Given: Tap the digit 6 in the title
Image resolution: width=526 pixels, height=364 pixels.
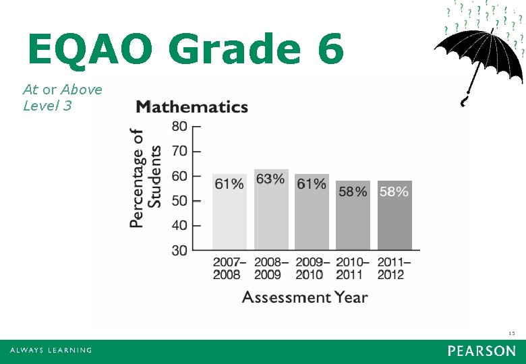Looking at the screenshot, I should (328, 49).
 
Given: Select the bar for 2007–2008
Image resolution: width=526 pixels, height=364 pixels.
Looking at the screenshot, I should (229, 212).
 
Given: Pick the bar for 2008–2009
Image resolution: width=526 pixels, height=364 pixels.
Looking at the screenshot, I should (271, 210).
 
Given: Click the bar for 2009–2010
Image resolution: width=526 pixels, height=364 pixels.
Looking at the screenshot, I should (312, 212).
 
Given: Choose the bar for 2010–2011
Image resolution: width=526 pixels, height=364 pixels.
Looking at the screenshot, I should (353, 216).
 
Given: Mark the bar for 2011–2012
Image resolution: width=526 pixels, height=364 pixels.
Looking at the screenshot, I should (394, 216).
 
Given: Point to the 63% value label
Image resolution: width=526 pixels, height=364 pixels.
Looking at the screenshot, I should (270, 179).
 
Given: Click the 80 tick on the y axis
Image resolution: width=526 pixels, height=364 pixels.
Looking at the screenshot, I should (179, 126).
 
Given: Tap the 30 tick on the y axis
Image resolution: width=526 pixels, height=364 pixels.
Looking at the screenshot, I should (179, 251).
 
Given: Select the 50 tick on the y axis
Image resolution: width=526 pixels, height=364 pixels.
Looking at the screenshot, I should (179, 201).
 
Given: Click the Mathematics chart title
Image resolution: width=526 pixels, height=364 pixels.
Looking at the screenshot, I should (192, 107).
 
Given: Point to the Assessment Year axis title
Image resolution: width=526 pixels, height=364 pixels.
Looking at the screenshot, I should (305, 297).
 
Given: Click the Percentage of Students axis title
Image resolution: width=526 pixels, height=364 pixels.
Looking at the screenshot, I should (146, 178).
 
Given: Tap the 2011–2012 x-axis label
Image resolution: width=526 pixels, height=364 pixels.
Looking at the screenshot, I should (394, 268).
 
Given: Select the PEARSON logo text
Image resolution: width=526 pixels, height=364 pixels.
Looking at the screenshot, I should (481, 351).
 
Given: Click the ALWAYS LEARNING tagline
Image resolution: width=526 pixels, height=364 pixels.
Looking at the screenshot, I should (51, 351).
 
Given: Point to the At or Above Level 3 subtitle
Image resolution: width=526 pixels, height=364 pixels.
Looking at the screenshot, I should (62, 97).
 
